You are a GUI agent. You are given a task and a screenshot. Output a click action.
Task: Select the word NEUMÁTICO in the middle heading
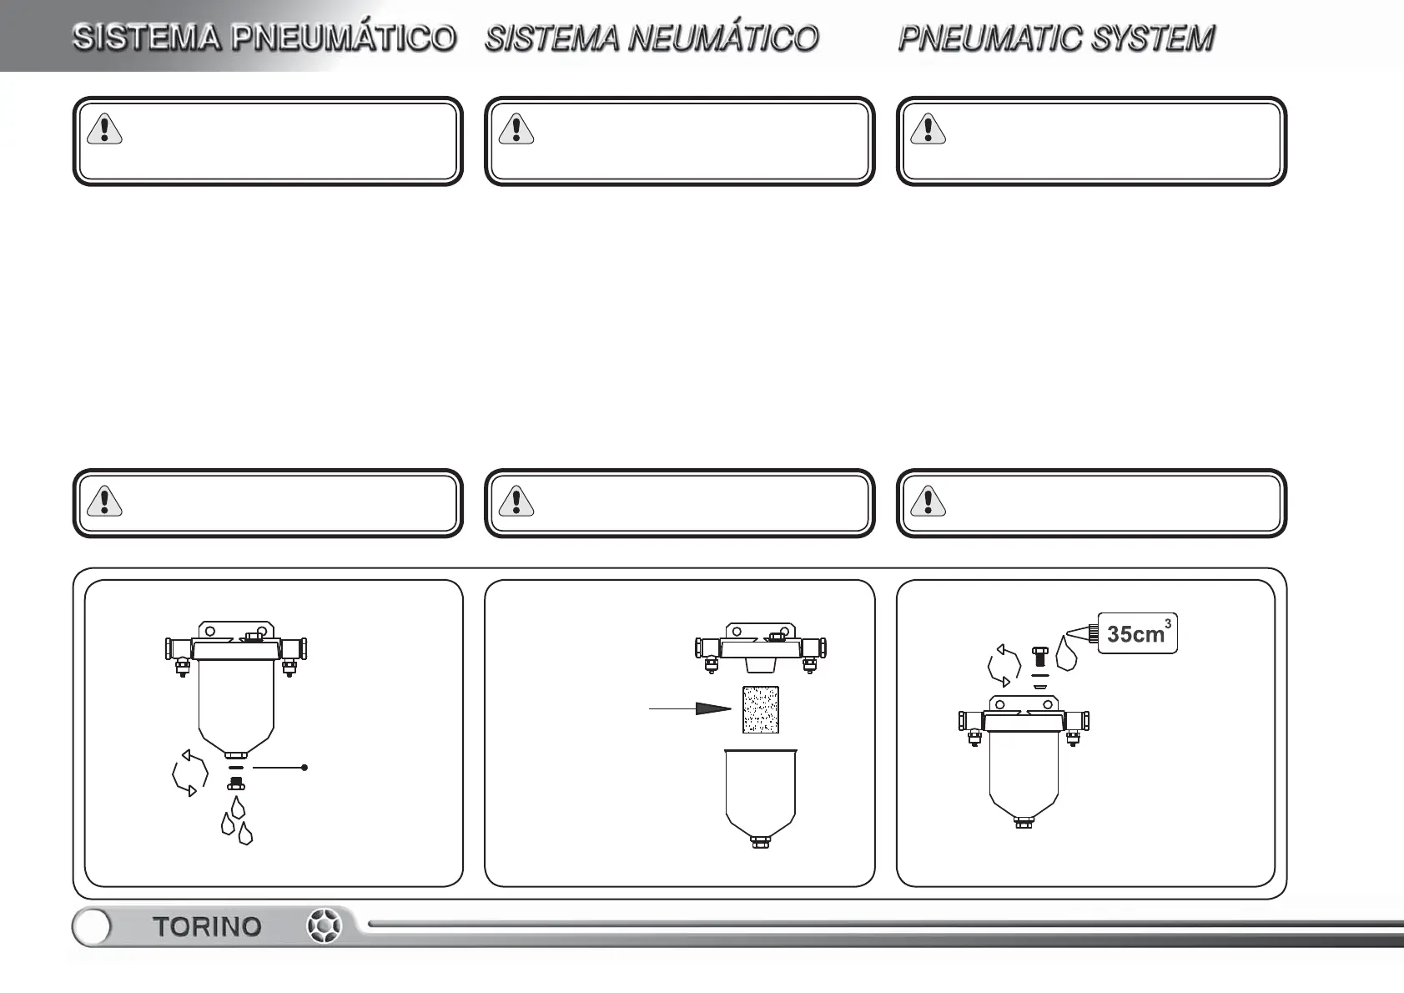722,38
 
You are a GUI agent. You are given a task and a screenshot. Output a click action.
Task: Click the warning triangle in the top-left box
104,129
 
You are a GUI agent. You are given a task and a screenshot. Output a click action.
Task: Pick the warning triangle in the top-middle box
516,129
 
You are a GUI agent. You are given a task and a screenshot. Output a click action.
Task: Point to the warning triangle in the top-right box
928,129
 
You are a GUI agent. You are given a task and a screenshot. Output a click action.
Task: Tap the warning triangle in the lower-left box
104,501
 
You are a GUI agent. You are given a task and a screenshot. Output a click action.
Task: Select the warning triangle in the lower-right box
928,501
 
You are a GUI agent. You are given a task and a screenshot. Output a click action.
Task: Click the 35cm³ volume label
1138,633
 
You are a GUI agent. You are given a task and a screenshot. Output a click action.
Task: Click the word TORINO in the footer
207,927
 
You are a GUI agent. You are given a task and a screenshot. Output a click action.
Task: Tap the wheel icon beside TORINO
325,926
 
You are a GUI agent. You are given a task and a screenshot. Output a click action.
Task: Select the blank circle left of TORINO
92,927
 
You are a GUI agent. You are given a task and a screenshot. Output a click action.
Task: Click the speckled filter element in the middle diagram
761,710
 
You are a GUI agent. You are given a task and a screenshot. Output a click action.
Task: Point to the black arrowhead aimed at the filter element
713,708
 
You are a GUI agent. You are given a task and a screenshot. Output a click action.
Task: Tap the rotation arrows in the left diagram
189,774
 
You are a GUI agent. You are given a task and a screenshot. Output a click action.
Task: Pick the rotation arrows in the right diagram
1004,666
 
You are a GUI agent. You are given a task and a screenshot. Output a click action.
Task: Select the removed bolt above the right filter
1040,657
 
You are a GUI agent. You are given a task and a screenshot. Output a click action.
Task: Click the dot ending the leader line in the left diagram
304,767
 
